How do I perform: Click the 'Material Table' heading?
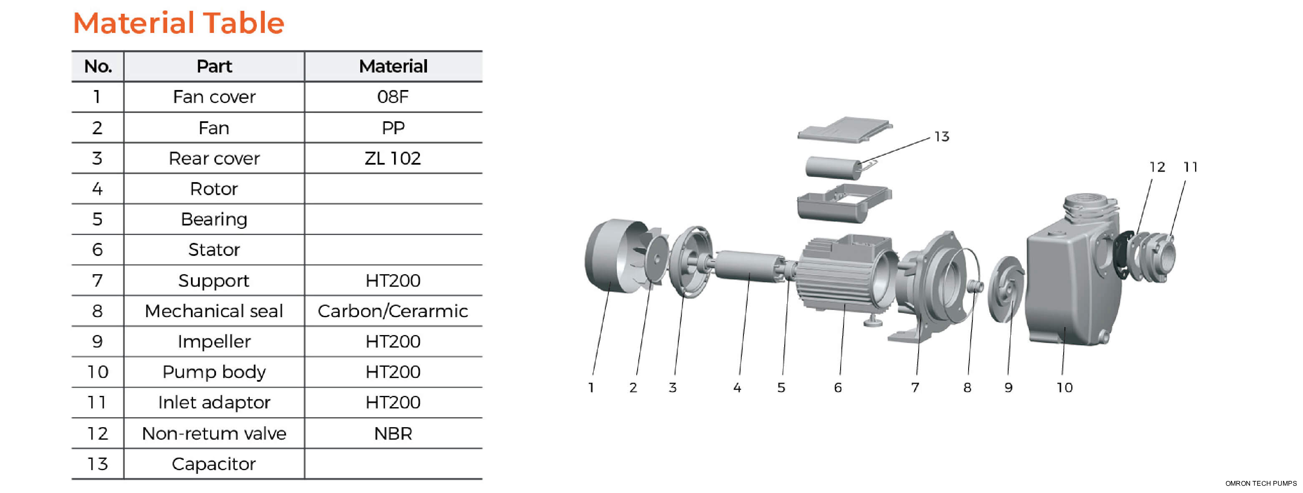(x=178, y=23)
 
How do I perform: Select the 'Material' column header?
(x=393, y=66)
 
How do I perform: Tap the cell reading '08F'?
(x=393, y=97)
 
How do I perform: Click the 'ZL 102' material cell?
(x=393, y=158)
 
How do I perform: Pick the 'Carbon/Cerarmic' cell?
(x=393, y=311)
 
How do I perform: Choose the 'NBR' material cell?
(x=393, y=433)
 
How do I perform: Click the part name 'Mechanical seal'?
(x=214, y=311)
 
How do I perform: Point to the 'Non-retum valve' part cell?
(x=214, y=433)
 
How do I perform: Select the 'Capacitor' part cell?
(x=214, y=464)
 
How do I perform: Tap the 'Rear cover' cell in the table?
(x=214, y=158)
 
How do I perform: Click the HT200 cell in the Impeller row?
(x=393, y=341)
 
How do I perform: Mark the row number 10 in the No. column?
(x=98, y=372)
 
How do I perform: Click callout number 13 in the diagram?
(x=941, y=137)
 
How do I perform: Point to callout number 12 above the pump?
(x=1157, y=167)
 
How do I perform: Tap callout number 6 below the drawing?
(x=838, y=387)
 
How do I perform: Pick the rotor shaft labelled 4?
(x=748, y=265)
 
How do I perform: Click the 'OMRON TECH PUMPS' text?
(x=1260, y=483)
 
